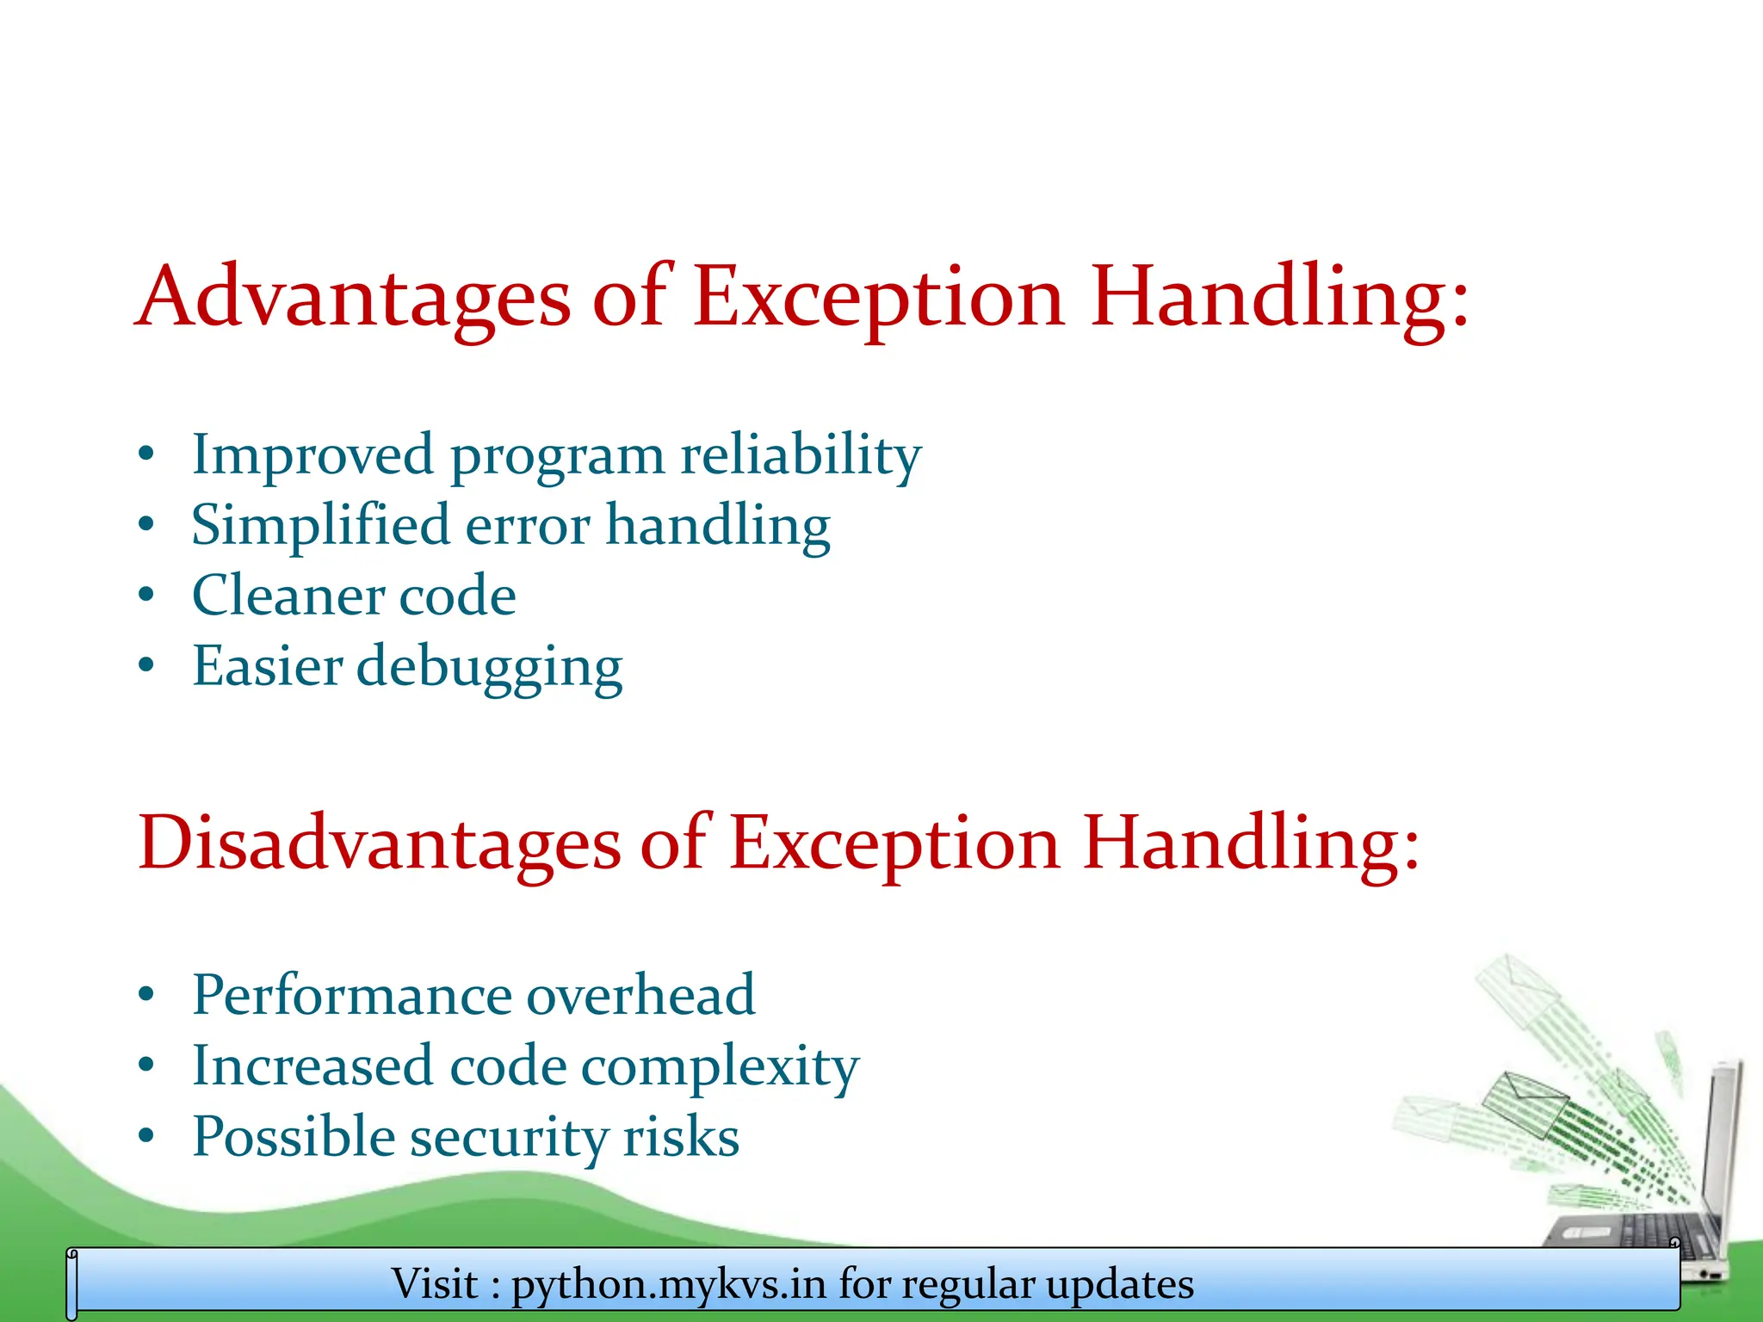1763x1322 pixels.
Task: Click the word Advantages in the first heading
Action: tap(353, 297)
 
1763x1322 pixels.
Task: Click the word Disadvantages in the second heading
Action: tap(379, 843)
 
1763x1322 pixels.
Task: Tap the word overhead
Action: tap(640, 996)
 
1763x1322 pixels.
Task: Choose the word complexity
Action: tap(720, 1067)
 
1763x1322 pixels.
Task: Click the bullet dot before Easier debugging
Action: tap(146, 664)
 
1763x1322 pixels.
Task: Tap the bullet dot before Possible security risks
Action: tap(146, 1136)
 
